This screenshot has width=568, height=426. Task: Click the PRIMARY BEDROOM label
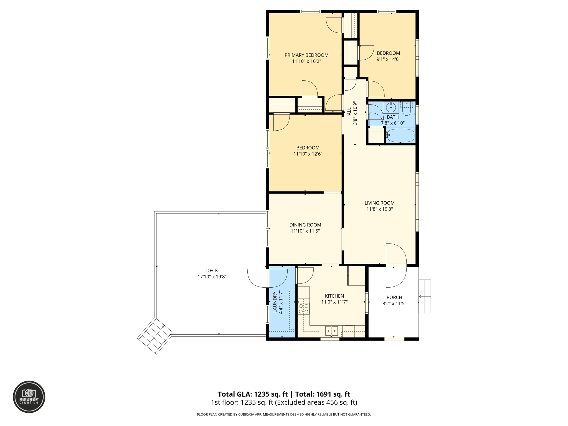pos(306,55)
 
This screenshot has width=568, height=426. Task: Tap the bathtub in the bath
pos(400,136)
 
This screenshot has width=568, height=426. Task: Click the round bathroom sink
pos(391,107)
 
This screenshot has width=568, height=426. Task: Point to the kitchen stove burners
pos(304,309)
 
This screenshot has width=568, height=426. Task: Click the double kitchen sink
pos(331,331)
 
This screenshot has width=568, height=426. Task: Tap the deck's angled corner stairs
pos(155,336)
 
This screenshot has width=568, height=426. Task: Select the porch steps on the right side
pos(425,296)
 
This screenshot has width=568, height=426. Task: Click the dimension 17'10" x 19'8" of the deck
pos(212,277)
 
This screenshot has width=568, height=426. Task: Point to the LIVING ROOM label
pos(379,203)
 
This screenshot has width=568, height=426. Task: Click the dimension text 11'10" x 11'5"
pos(305,231)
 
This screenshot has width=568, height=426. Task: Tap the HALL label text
pos(349,113)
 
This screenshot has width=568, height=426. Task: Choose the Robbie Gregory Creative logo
pos(29,397)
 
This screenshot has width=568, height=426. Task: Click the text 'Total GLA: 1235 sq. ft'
pos(253,394)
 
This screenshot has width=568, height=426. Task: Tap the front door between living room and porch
pos(396,266)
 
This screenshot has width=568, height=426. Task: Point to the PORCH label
pos(394,297)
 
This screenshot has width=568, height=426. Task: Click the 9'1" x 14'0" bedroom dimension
pos(388,59)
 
